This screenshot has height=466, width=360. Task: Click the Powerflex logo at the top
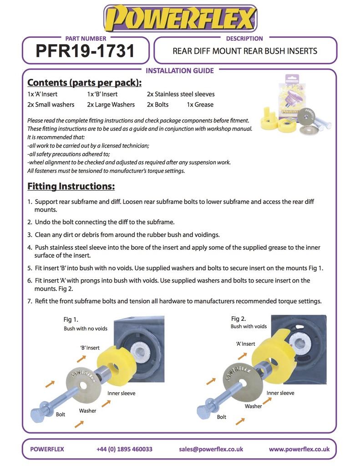(180, 19)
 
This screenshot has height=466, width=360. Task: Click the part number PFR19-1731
(85, 51)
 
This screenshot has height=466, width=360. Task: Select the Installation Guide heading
(179, 71)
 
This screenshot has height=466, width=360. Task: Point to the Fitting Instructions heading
(71, 187)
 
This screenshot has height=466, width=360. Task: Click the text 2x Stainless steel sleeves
(181, 94)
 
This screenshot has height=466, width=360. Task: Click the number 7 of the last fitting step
(29, 301)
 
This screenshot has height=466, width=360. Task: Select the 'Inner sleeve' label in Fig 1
(121, 393)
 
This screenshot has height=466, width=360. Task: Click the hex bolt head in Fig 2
(203, 411)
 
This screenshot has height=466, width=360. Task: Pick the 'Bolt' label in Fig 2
(222, 417)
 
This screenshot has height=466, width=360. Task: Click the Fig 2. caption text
(238, 318)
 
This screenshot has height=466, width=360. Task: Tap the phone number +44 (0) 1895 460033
(124, 449)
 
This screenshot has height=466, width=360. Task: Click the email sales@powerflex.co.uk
(211, 449)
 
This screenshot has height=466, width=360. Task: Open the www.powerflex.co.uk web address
(299, 449)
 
